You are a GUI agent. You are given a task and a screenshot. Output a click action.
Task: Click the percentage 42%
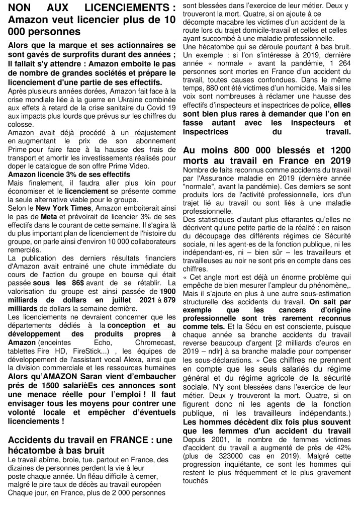[341, 448]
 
